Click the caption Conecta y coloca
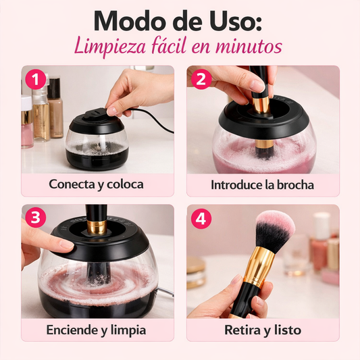click(x=96, y=184)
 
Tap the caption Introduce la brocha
click(x=262, y=184)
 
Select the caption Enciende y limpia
click(x=97, y=330)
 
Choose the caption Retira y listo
click(x=262, y=330)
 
